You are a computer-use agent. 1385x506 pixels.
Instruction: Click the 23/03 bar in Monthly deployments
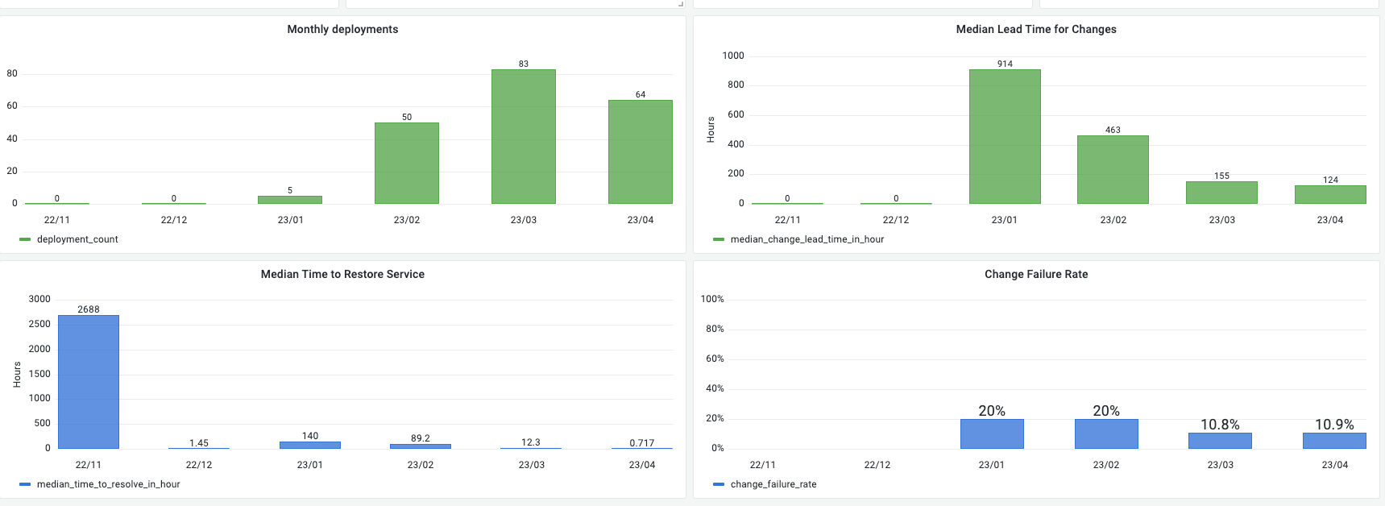[524, 136]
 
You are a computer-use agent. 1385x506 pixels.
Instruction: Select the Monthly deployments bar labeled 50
[407, 163]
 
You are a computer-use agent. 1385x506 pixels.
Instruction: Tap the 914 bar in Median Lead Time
[1005, 136]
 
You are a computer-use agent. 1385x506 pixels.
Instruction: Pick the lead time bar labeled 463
[1113, 169]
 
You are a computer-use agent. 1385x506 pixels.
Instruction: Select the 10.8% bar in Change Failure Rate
[1220, 441]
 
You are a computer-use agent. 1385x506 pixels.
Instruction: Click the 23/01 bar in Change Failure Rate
[992, 433]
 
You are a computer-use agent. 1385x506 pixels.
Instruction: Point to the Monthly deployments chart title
[342, 29]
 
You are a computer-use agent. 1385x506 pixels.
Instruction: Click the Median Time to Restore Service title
[342, 274]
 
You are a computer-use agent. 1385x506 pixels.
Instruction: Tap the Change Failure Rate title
[1036, 274]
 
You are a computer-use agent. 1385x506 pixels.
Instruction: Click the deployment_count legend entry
[77, 239]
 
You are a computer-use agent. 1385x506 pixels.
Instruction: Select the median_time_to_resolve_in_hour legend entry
[108, 484]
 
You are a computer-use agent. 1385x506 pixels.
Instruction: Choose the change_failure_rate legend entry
[773, 484]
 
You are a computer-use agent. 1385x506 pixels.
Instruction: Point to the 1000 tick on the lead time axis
[733, 56]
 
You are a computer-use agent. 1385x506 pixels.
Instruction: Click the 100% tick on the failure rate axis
[712, 299]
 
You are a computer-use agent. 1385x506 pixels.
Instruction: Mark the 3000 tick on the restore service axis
[39, 299]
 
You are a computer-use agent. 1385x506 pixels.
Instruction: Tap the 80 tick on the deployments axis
[12, 73]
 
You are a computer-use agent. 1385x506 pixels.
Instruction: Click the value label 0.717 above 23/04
[642, 443]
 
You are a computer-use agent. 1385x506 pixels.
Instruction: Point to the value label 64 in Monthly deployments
[641, 94]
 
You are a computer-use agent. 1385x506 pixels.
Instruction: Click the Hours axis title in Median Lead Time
[711, 130]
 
